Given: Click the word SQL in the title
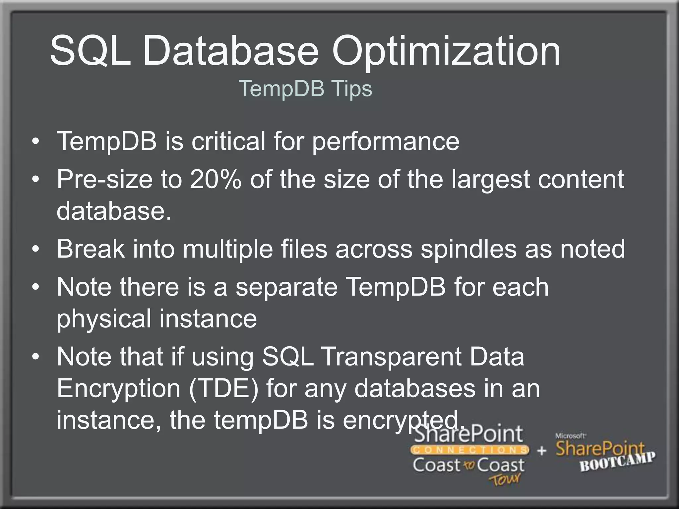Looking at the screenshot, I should click(90, 51).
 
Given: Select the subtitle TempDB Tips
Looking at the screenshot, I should click(305, 88).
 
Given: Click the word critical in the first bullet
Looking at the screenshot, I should click(228, 141).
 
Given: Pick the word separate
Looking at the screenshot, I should click(286, 288).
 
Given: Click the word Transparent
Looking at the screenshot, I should click(391, 357).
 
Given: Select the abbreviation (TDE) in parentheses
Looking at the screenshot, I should click(223, 389).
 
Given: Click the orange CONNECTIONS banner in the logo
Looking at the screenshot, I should click(469, 450).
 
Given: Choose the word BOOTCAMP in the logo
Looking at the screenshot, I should click(617, 462).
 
